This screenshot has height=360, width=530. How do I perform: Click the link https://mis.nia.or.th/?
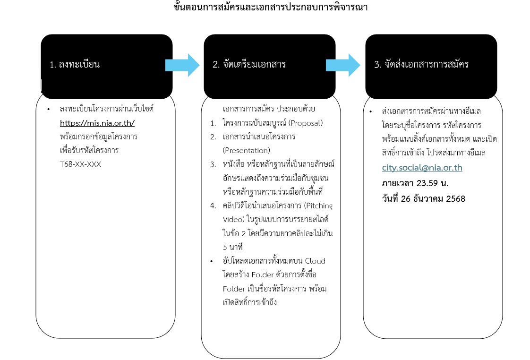point(97,123)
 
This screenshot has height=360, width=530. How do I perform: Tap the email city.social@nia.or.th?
point(422,168)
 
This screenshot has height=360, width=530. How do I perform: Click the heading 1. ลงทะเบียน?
point(75,64)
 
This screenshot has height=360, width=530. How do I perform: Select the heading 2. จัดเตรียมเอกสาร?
point(249,64)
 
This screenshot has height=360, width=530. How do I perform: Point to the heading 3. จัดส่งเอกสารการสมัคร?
point(421,64)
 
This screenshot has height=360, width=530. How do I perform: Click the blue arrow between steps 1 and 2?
point(182,65)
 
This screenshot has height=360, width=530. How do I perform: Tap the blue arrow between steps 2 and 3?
point(343,65)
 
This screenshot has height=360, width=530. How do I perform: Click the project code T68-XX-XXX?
point(80,164)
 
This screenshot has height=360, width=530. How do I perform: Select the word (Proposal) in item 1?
point(306,123)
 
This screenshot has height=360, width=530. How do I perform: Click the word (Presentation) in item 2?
point(247,150)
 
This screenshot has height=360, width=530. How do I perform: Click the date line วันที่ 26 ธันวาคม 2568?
point(424,198)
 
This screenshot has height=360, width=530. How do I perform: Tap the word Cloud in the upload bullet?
point(315,261)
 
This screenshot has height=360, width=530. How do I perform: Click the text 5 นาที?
point(232,247)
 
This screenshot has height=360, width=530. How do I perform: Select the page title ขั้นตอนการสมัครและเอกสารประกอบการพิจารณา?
point(270,7)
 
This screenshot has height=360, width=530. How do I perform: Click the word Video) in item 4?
point(233,219)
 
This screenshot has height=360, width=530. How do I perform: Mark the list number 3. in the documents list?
point(213,164)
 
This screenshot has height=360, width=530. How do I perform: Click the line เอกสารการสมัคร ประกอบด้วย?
point(269,109)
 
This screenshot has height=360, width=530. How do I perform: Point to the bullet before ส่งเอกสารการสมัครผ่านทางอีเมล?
point(371,111)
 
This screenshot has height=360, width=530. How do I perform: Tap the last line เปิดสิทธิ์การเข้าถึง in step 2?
point(250,302)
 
